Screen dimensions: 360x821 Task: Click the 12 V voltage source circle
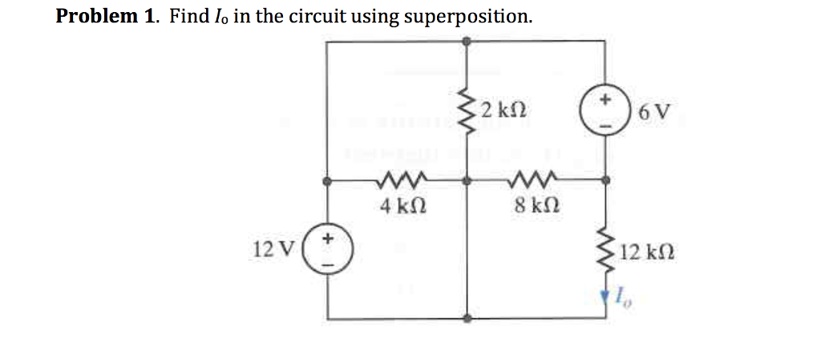pos(327,249)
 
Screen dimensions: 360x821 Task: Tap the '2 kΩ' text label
pos(501,109)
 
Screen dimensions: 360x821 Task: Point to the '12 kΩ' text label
pos(647,253)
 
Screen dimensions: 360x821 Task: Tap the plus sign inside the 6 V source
pos(606,102)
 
